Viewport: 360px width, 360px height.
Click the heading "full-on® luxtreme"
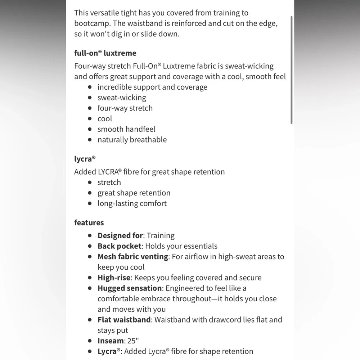coord(105,53)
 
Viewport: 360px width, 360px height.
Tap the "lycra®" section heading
coord(85,158)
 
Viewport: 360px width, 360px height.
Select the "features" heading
coord(89,222)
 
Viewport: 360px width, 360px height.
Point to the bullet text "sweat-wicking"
coord(122,98)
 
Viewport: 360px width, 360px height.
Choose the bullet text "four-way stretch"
coord(125,108)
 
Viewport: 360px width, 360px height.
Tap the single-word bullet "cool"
coord(105,118)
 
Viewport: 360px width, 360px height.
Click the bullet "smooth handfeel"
coord(126,129)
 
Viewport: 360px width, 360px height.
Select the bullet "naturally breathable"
coord(132,139)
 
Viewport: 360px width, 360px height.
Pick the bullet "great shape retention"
coord(134,193)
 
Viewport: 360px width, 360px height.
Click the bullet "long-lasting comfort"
coord(132,203)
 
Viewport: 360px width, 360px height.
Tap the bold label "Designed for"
coord(120,236)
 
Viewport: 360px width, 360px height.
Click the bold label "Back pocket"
coord(119,246)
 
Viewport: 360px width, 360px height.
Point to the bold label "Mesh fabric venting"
coord(133,257)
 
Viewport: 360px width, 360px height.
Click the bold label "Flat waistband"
coord(124,320)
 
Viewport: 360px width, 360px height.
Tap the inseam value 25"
coord(133,341)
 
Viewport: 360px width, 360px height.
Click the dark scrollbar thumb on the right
coord(292,70)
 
